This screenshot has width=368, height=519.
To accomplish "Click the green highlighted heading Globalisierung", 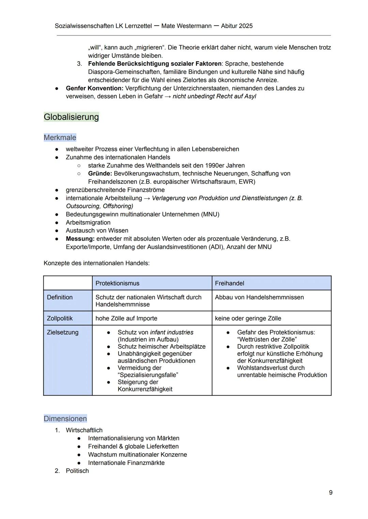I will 71,117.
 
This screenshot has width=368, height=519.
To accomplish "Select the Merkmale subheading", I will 60,137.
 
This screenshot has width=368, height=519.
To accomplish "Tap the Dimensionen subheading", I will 65,419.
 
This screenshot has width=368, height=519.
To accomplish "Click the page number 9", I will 331,492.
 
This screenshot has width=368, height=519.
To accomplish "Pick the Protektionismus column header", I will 117,283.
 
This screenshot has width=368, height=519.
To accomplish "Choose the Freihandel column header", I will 229,283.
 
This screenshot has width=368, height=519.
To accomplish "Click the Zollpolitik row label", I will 60,318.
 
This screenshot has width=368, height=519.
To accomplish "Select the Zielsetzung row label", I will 62,332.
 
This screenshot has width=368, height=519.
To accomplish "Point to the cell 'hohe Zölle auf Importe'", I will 126,318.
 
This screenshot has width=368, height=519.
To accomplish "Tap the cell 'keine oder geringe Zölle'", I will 248,318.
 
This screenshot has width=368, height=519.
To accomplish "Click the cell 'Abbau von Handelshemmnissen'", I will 259,297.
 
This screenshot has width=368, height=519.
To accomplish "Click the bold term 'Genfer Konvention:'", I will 94,88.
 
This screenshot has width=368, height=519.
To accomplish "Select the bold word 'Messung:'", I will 80,239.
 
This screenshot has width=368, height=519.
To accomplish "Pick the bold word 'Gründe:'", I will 100,174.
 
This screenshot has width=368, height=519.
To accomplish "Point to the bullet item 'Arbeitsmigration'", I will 88,223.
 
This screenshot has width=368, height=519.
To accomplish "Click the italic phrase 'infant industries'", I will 171,332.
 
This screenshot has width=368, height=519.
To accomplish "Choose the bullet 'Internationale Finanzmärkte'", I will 126,463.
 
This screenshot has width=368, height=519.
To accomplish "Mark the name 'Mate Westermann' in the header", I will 186,26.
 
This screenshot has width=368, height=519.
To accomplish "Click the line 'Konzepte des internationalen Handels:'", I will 96,263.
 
